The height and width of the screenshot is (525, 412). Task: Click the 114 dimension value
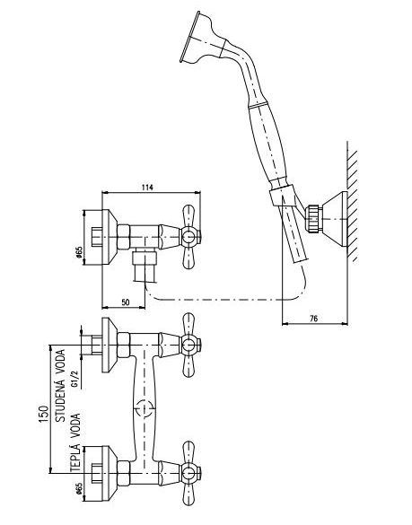146,188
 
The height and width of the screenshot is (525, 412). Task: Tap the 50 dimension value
126,302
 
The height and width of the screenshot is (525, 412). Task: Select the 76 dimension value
313,318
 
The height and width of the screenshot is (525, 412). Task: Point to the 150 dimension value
44,414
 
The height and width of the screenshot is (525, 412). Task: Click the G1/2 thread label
75,377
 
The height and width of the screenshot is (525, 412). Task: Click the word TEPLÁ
75,458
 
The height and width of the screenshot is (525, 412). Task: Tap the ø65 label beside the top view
79,252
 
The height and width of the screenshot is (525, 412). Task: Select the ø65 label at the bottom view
78,488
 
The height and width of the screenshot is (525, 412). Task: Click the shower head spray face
189,37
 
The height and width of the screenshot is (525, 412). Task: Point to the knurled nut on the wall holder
314,219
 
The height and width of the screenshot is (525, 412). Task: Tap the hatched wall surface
352,201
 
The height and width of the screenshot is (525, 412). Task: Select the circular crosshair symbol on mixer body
145,408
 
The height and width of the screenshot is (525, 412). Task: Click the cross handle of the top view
189,237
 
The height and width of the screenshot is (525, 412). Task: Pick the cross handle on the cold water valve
189,345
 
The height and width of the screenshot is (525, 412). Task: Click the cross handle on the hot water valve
189,474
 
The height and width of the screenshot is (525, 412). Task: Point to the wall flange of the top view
110,237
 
